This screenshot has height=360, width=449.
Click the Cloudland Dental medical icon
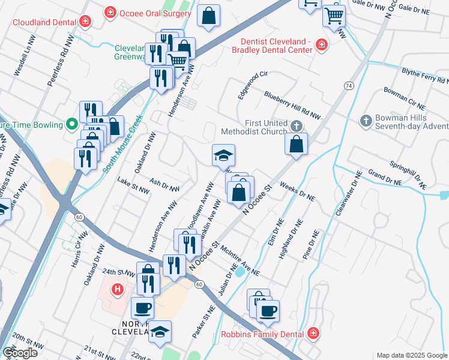click(85, 22)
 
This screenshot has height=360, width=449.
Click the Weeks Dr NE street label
click(297, 193)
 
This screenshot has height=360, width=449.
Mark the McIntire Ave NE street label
click(240, 259)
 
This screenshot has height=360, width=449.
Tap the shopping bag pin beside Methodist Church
click(297, 144)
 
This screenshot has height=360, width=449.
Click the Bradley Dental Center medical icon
click(322, 45)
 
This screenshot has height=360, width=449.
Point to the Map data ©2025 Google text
click(412, 355)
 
